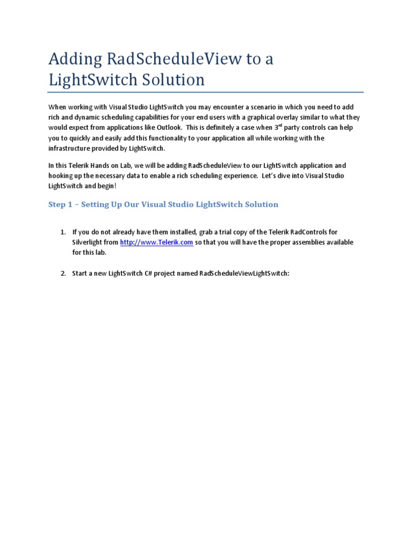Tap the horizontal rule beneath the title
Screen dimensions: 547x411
pyautogui.click(x=205, y=92)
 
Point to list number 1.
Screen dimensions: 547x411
pyautogui.click(x=62, y=232)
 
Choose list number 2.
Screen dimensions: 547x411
pyautogui.click(x=62, y=273)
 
